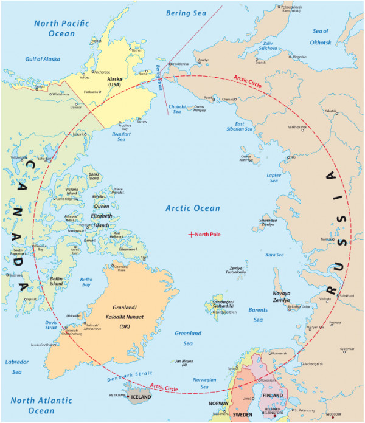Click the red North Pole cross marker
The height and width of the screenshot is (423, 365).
(192, 234)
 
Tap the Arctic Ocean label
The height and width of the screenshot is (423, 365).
(193, 208)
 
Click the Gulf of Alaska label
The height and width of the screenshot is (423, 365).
(44, 59)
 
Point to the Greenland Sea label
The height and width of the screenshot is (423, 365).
(188, 338)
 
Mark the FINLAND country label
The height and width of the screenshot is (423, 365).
(273, 396)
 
